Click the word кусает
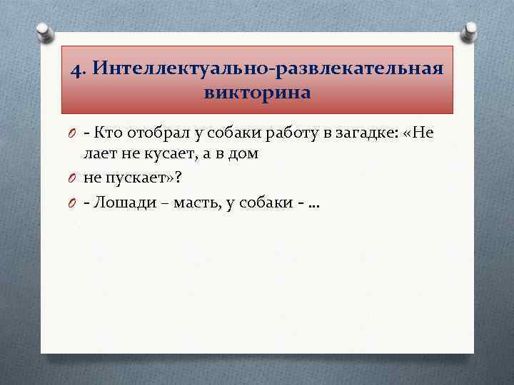coord(167,153)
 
